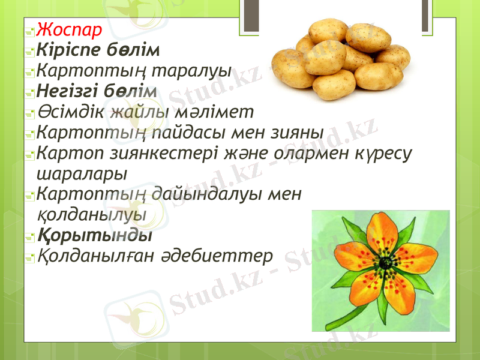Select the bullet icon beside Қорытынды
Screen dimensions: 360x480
(29, 236)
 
